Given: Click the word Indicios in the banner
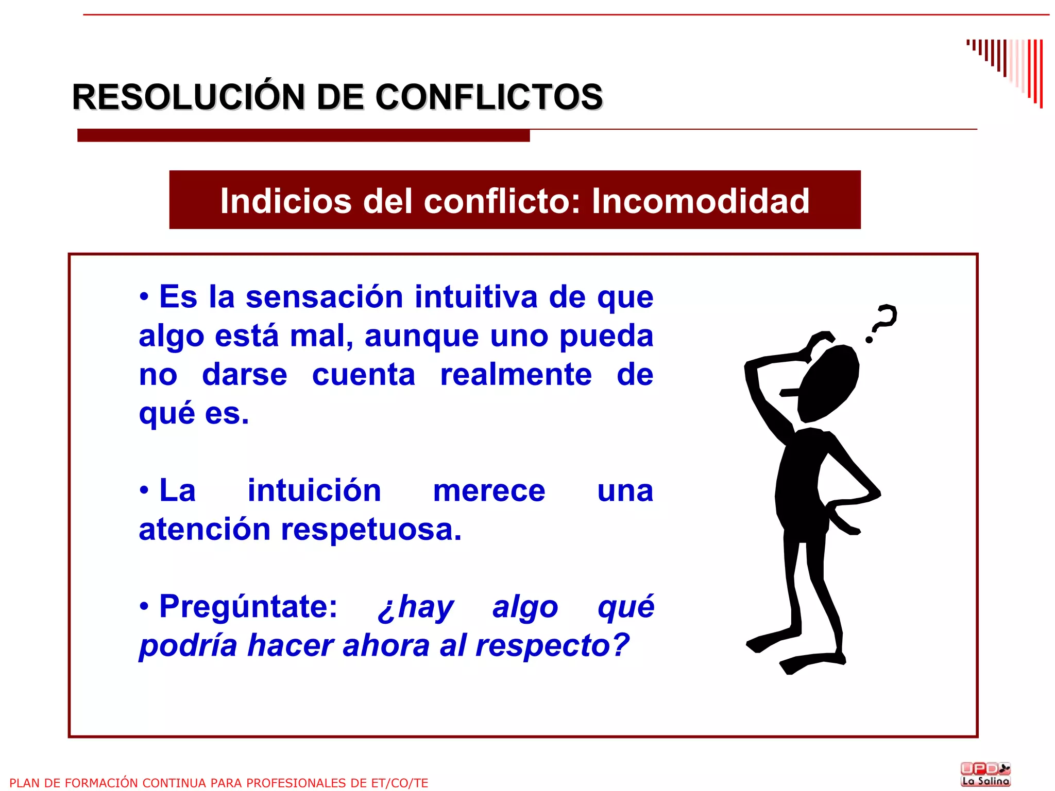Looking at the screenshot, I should (x=286, y=201).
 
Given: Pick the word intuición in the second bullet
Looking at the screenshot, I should (x=314, y=490).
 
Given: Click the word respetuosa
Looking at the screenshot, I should (x=371, y=530).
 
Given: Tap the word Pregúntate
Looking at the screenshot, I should (x=248, y=607).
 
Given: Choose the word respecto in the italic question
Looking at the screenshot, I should (x=546, y=646).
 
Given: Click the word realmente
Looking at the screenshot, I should (x=516, y=375).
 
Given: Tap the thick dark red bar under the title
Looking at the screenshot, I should (x=303, y=135).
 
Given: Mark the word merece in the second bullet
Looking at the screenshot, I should (x=489, y=491).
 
